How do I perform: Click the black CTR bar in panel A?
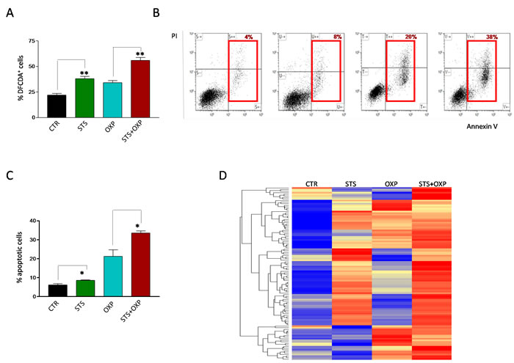(x=57, y=106)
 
